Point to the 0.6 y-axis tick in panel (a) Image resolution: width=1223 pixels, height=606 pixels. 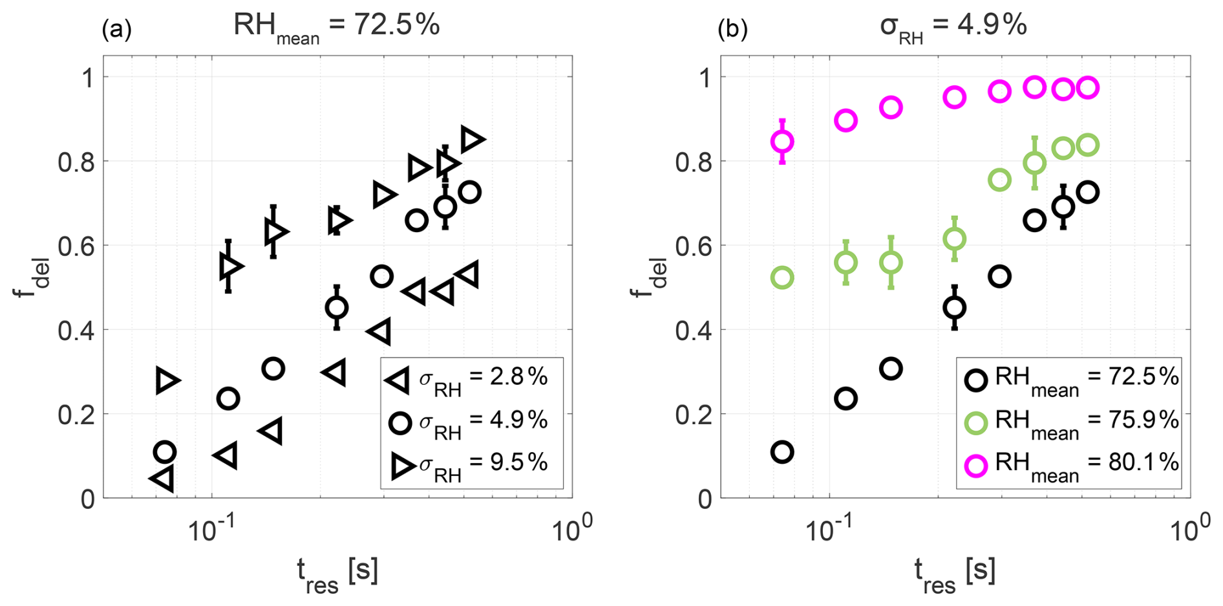pyautogui.click(x=76, y=246)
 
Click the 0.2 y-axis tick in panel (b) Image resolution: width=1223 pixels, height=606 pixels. pyautogui.click(x=694, y=415)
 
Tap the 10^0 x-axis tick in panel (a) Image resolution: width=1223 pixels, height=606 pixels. pyautogui.click(x=571, y=530)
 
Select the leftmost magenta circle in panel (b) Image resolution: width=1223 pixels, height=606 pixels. pyautogui.click(x=782, y=142)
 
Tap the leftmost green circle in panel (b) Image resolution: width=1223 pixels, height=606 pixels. pyautogui.click(x=782, y=278)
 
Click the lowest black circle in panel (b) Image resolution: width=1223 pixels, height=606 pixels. pyautogui.click(x=782, y=452)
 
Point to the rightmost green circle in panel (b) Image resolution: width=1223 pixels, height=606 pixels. pyautogui.click(x=1088, y=145)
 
